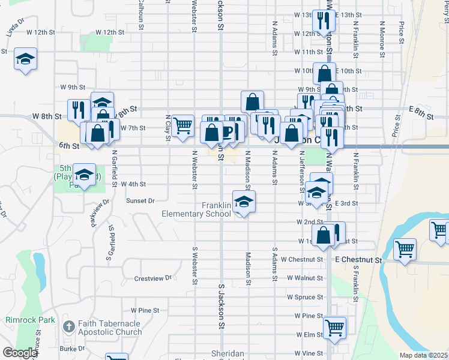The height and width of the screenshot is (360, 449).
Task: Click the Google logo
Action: click(x=19, y=353)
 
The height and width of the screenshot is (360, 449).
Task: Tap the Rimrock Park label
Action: click(x=30, y=320)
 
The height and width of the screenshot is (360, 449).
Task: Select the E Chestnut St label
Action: click(x=358, y=260)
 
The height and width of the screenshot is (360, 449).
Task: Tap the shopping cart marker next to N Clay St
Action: click(x=182, y=127)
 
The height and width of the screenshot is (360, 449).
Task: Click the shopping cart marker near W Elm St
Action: click(x=334, y=328)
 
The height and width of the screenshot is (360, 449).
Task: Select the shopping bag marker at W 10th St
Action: click(x=324, y=74)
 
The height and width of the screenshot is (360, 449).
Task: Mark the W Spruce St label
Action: click(x=305, y=297)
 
